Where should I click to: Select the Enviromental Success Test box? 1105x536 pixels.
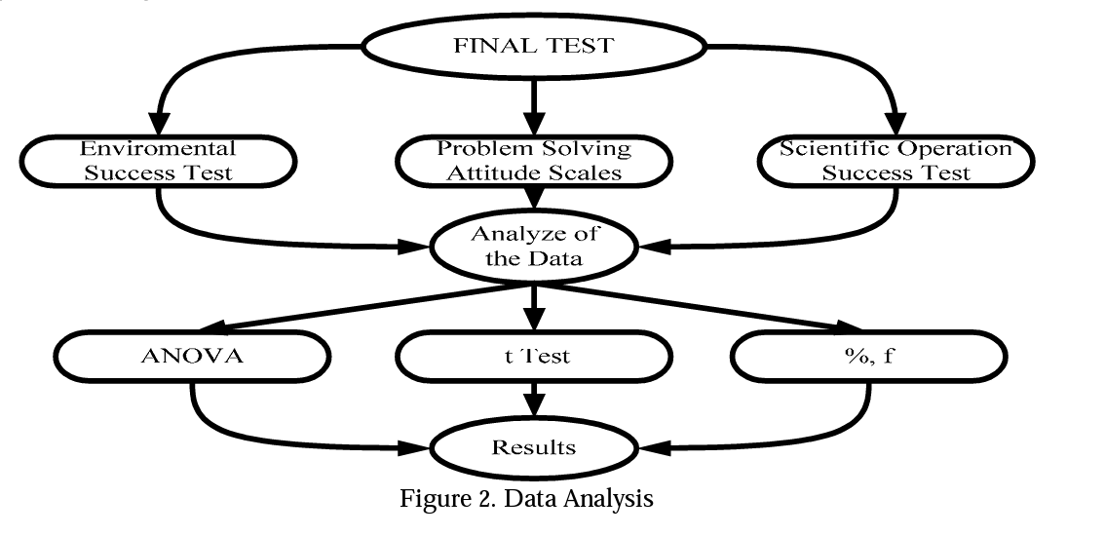point(157,162)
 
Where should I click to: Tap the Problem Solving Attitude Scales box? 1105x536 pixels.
point(533,162)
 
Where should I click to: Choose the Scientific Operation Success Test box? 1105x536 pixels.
point(895,162)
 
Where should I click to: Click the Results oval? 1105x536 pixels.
point(533,448)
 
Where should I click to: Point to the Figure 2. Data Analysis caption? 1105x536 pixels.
point(526,499)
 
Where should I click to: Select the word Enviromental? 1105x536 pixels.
point(157,150)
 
